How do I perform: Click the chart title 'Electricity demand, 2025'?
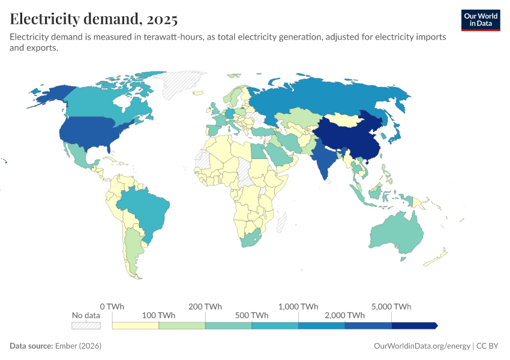tap(94, 19)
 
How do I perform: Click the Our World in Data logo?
tap(480, 20)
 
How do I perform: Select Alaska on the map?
tap(51, 93)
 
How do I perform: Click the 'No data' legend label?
tap(86, 316)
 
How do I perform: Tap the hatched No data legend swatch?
tap(86, 325)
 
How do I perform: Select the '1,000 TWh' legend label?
tap(298, 307)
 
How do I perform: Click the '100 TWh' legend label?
tap(158, 316)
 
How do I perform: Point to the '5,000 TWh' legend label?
tap(391, 307)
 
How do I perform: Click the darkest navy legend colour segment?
tap(414, 325)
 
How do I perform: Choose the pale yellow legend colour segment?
tap(135, 325)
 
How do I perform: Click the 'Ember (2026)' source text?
tap(78, 346)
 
